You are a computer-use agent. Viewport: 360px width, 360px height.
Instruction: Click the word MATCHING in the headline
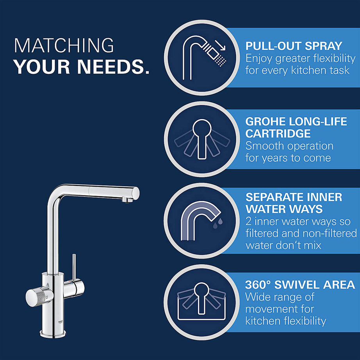coord(64,46)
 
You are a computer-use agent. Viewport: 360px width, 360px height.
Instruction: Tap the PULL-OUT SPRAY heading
coord(294,46)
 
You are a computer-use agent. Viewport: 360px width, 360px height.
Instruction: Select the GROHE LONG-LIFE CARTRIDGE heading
coord(296,127)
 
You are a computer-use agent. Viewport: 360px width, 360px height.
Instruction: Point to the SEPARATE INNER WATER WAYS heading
coord(294,203)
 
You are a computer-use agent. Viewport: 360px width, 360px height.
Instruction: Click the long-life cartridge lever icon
coord(201,139)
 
